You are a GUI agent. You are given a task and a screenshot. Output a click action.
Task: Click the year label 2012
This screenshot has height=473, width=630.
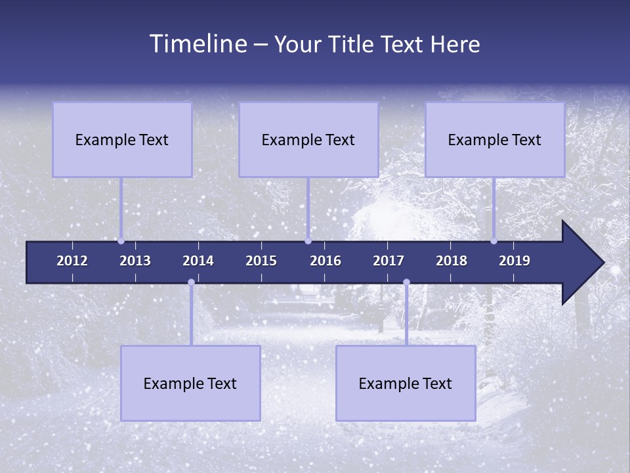coord(72,261)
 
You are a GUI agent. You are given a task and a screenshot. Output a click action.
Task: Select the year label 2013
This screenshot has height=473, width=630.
coord(135,261)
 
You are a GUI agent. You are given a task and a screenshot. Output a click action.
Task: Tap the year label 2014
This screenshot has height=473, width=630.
coord(198,261)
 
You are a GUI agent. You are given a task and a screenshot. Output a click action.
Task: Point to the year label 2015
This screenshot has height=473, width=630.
coord(261,261)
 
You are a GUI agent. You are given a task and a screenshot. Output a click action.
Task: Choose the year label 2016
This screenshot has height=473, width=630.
coord(325,261)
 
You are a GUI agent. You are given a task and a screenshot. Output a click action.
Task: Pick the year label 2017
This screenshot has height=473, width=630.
coord(388,261)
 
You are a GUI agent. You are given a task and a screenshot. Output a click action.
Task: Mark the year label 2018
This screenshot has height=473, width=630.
coord(451,261)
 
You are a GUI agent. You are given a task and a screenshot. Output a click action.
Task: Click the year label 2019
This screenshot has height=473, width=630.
coord(514,261)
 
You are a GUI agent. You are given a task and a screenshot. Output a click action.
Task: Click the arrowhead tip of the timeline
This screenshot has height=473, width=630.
coord(602,263)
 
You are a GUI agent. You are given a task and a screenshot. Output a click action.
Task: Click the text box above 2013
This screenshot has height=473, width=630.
coord(122,139)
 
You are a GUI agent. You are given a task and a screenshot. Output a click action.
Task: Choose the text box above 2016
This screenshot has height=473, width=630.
coord(308,139)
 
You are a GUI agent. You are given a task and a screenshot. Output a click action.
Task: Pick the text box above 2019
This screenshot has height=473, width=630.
coord(495,139)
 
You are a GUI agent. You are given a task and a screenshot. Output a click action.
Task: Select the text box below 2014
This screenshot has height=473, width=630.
coord(190,383)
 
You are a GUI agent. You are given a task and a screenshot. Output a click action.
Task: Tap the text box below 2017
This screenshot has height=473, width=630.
coord(406,383)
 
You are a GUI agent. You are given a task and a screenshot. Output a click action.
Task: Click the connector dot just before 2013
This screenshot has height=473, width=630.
coord(121,241)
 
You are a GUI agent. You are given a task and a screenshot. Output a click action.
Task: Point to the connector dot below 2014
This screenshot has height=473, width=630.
coord(191,282)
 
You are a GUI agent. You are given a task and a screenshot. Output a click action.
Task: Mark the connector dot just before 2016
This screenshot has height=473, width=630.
coord(308,241)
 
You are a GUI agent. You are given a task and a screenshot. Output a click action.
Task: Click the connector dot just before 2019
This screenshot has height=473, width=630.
coord(493,241)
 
